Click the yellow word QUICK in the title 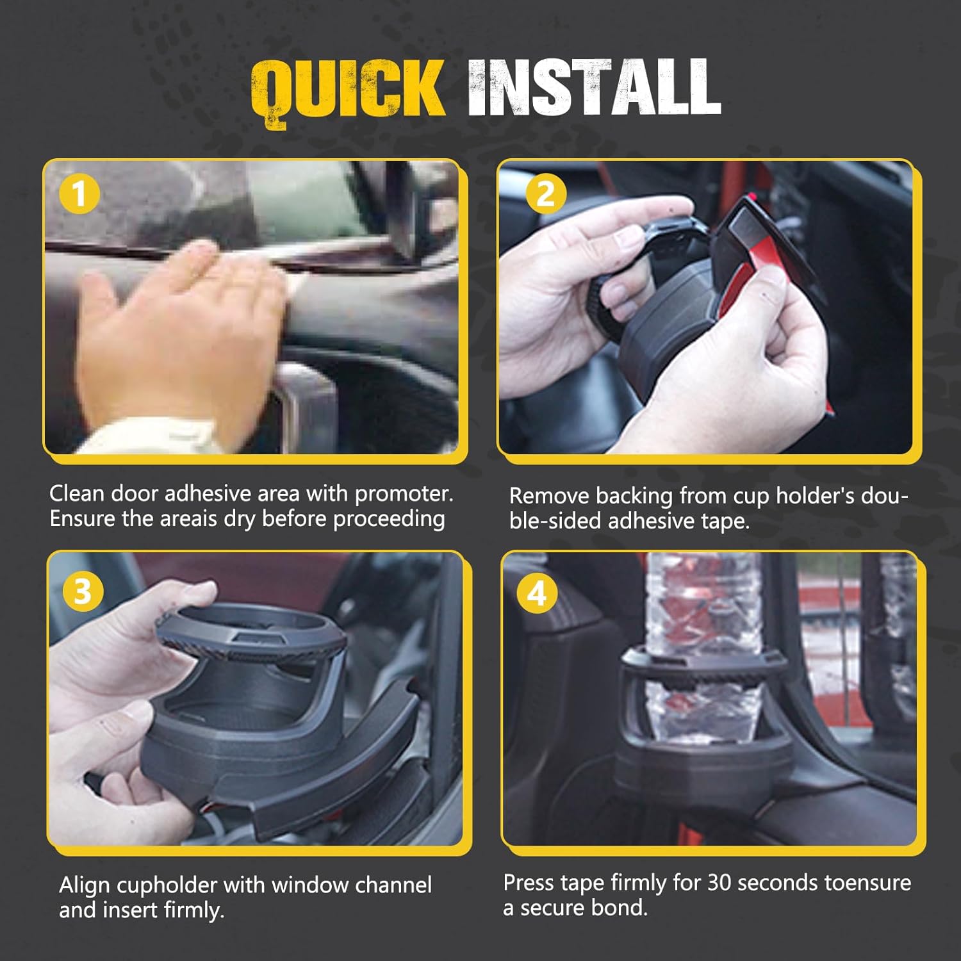(347, 90)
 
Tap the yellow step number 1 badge (79, 193)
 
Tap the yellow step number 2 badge (545, 193)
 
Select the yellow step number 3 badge (83, 591)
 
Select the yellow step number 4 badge (536, 593)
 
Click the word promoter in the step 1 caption (404, 494)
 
